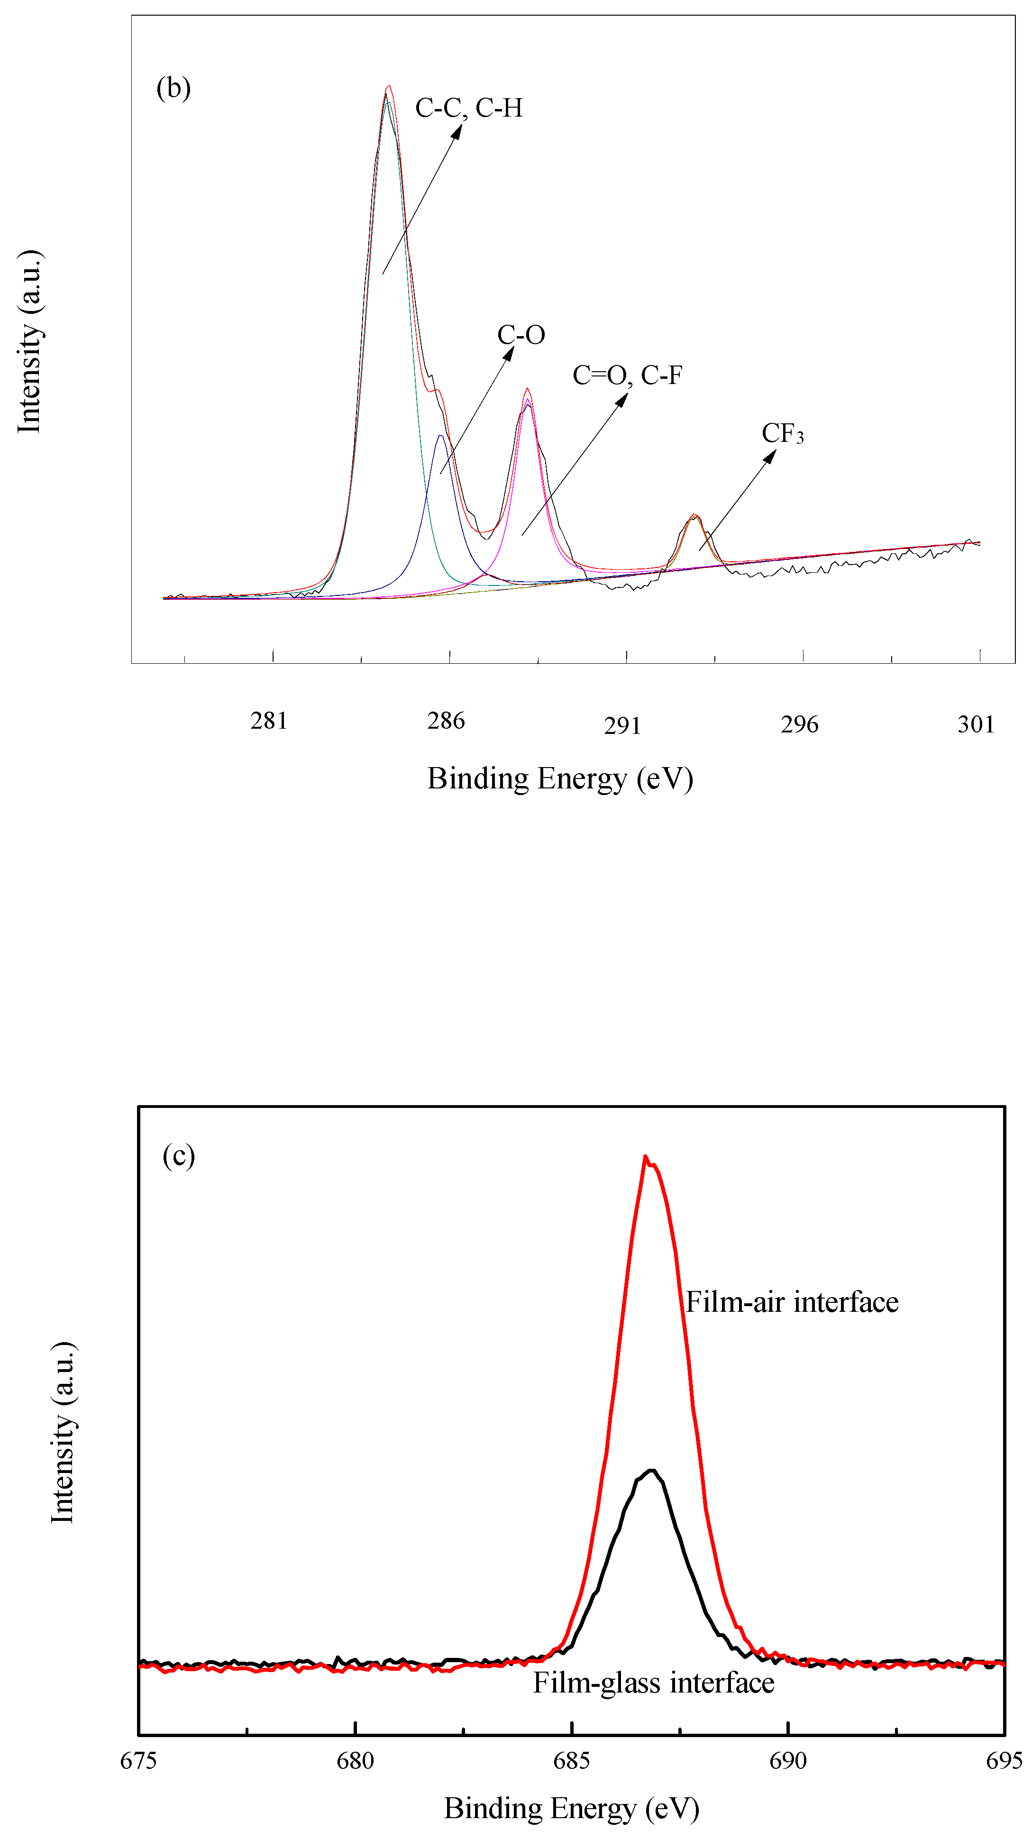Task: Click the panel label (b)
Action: tap(174, 89)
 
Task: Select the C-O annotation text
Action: tap(521, 335)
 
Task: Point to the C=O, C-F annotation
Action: tap(627, 375)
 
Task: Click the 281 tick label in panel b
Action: tap(269, 721)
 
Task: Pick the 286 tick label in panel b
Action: tap(446, 721)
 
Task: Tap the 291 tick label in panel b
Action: tap(622, 726)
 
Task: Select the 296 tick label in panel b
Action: tap(799, 724)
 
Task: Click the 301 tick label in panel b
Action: tap(976, 724)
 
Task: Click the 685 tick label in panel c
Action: tap(572, 1761)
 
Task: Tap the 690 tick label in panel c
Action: tap(788, 1761)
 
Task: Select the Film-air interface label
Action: tap(792, 1303)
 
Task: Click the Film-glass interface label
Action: tap(654, 1683)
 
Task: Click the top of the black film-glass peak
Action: tap(651, 1471)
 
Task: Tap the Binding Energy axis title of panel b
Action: tap(560, 779)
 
